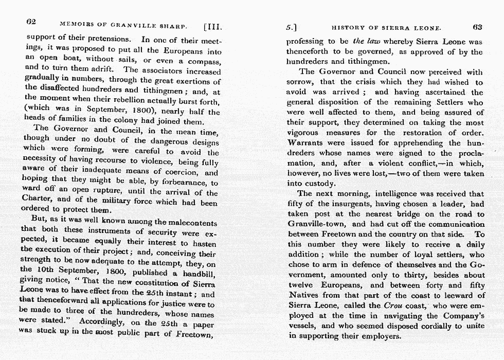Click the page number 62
pos(31,23)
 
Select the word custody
pos(319,184)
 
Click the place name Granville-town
pos(317,224)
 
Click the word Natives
pos(304,295)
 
